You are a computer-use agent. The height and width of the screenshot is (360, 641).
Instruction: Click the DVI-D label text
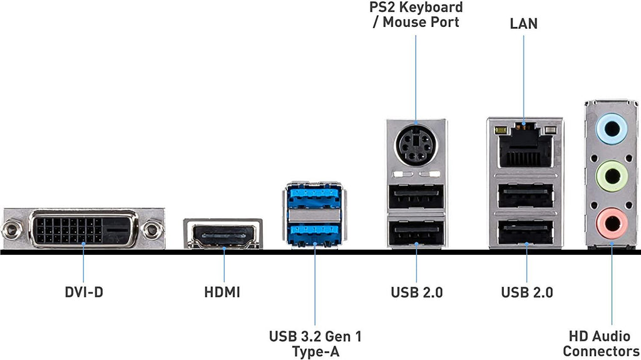(84, 292)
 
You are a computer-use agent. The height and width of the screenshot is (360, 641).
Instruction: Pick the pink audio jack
(612, 221)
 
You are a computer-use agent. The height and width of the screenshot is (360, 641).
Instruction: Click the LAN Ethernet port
(525, 147)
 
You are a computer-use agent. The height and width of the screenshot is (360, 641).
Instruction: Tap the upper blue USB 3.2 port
(314, 198)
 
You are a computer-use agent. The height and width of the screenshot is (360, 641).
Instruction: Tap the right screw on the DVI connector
(152, 230)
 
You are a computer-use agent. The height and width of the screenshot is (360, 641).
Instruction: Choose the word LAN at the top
(524, 24)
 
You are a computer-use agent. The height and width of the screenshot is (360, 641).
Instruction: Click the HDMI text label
(222, 292)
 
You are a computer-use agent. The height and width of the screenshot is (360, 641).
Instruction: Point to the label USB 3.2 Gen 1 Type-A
(315, 344)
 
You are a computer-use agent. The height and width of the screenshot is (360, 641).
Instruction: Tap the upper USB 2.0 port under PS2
(416, 200)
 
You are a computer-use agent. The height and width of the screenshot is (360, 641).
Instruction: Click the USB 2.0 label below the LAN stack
(527, 292)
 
